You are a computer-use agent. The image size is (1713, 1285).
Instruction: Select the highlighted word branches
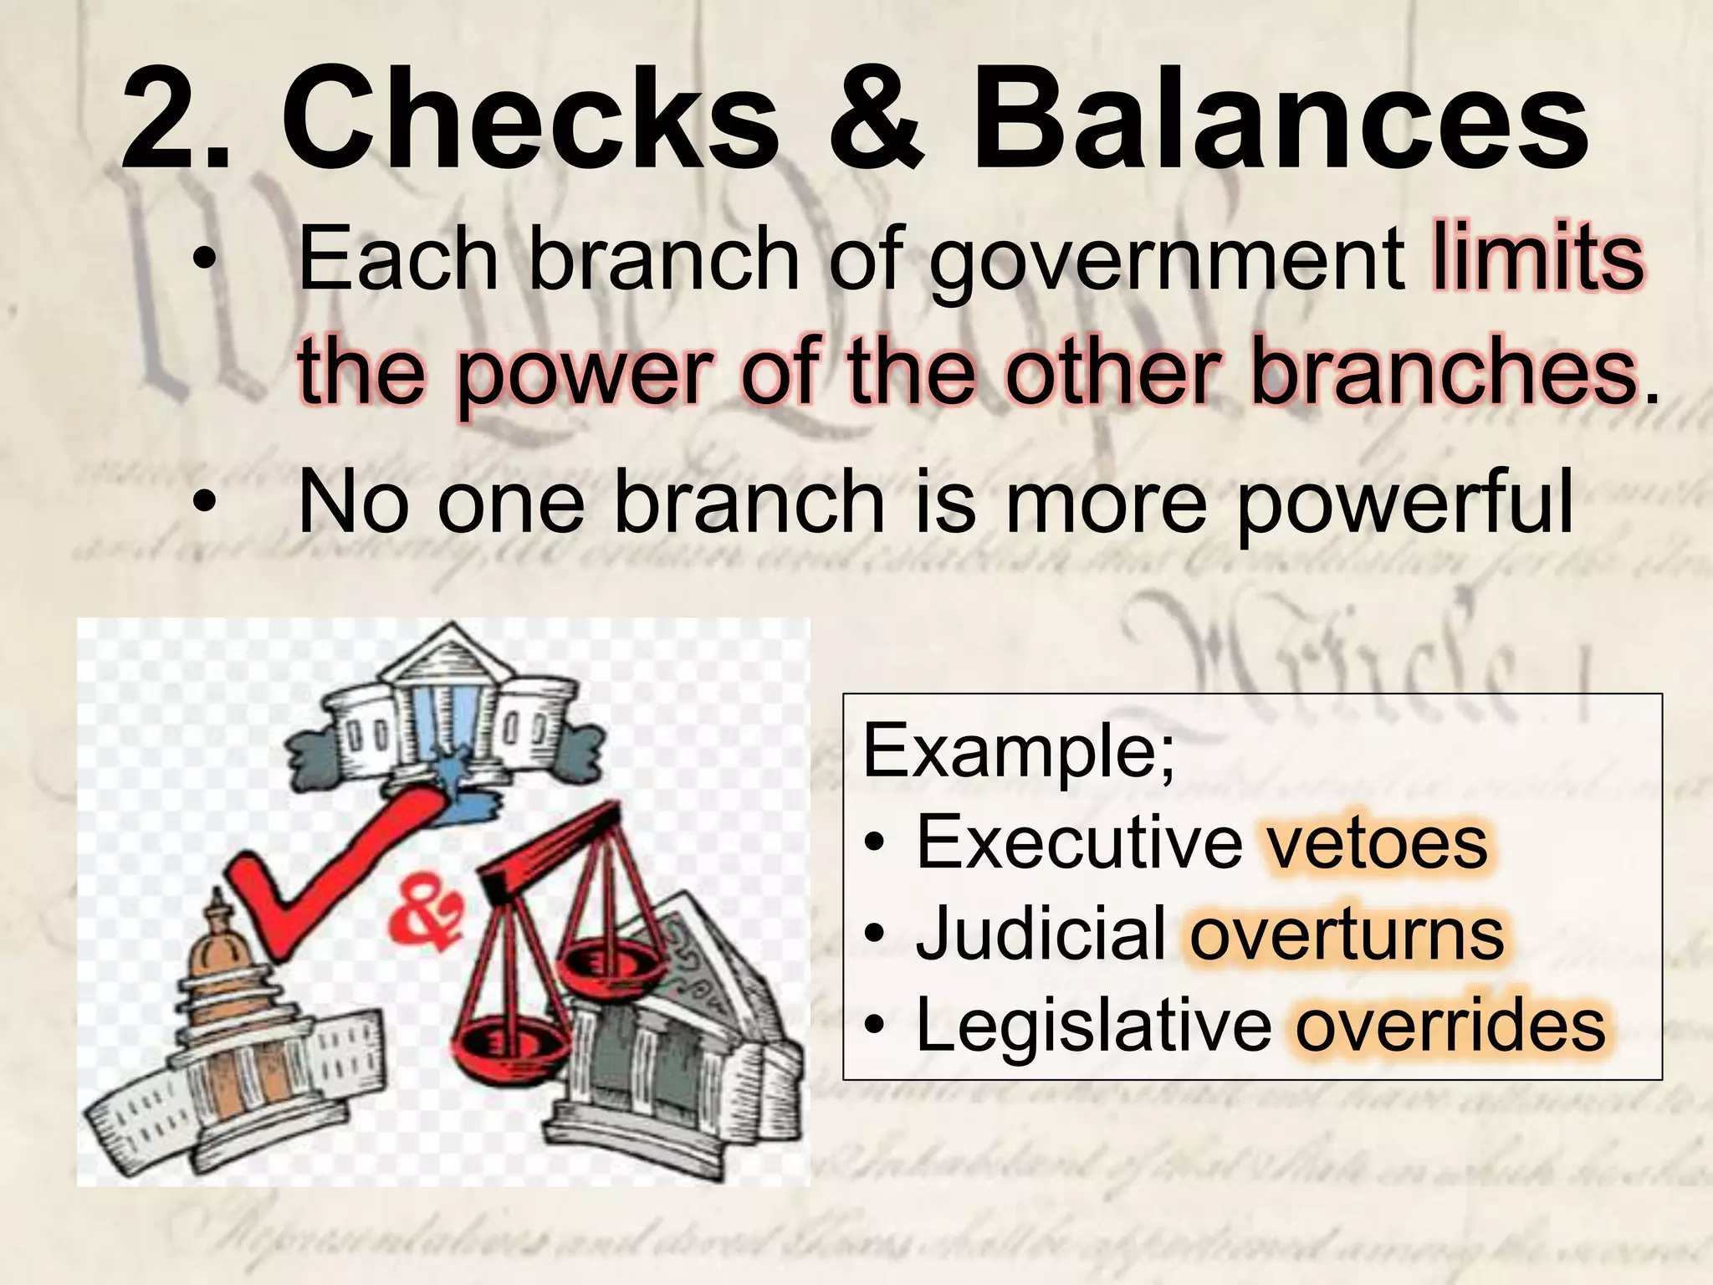click(1443, 372)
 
